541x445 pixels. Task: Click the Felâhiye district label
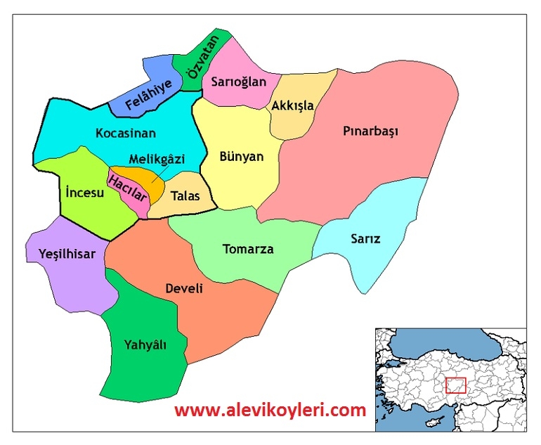click(x=148, y=96)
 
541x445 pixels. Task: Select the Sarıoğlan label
click(x=239, y=82)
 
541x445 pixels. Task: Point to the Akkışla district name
click(x=292, y=106)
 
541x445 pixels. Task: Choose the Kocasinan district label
click(x=126, y=133)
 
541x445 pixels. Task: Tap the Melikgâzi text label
click(x=157, y=159)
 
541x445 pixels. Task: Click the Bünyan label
click(x=241, y=156)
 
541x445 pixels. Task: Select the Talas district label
click(x=185, y=196)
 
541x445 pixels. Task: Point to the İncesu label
click(x=84, y=193)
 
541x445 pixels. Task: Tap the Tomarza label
click(x=248, y=249)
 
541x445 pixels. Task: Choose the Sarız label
click(x=365, y=238)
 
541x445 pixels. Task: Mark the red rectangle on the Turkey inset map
click(x=456, y=385)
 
